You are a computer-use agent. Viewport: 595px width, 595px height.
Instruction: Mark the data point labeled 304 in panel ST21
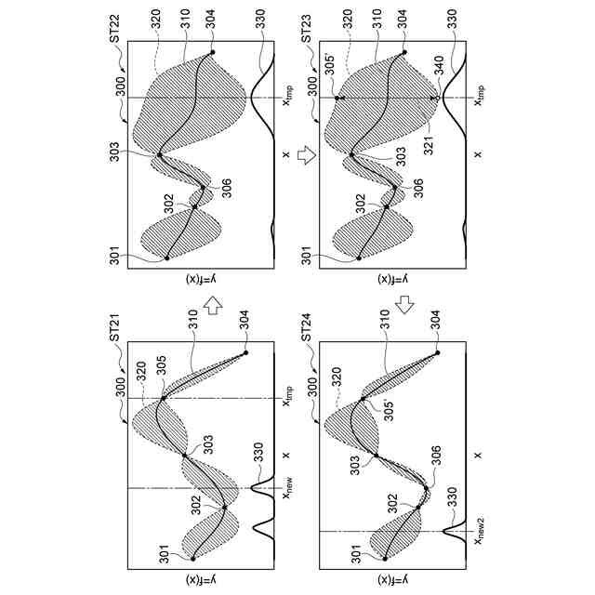[245, 353]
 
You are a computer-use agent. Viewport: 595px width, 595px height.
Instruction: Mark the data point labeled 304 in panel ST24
[437, 353]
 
